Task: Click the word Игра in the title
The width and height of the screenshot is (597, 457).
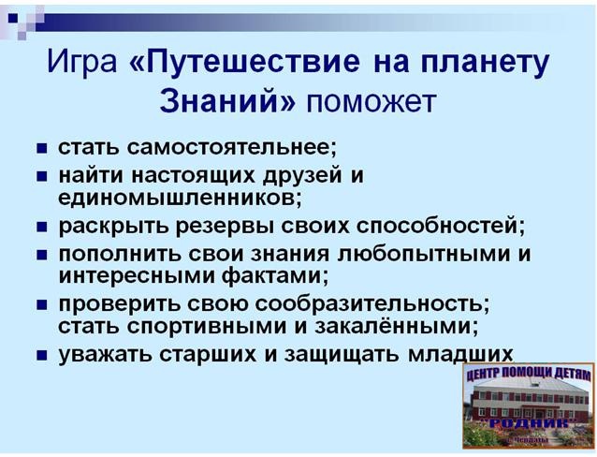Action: (x=81, y=62)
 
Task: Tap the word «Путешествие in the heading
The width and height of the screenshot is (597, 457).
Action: (x=244, y=63)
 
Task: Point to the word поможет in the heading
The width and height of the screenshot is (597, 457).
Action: (x=371, y=103)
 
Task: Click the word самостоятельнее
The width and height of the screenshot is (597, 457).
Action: (x=232, y=147)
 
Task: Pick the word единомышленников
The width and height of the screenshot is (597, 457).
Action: (x=180, y=199)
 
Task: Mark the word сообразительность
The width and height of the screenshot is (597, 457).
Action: (x=372, y=303)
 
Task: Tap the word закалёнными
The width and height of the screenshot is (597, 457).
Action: (x=397, y=326)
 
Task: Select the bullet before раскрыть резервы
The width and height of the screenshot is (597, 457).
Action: (x=41, y=228)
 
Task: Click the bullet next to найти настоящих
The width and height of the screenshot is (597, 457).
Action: (x=41, y=177)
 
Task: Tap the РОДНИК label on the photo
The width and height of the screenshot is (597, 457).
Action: (x=528, y=423)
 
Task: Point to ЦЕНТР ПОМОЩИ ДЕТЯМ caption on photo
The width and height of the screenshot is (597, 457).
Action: (x=529, y=375)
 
